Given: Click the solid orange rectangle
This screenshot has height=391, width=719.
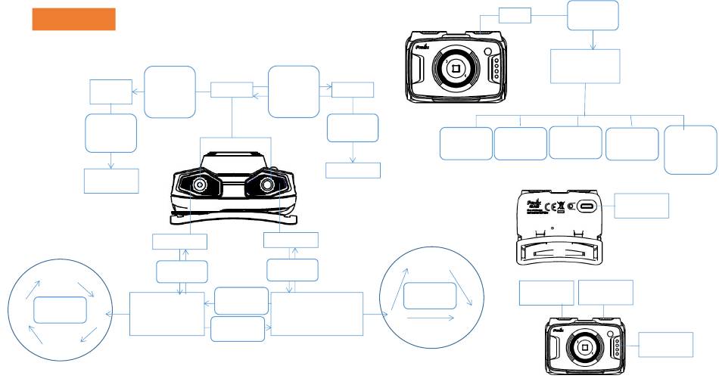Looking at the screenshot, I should (x=73, y=20).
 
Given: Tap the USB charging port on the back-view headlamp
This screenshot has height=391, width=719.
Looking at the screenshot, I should (x=588, y=206).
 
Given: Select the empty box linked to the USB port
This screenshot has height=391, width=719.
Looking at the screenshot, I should (x=641, y=206).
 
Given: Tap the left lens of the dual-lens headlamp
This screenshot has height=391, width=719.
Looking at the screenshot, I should (x=200, y=185).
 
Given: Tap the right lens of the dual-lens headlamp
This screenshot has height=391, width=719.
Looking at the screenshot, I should (x=267, y=185).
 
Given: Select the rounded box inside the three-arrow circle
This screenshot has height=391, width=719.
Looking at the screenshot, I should (x=429, y=296).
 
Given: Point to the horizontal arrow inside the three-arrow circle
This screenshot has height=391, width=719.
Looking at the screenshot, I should (x=431, y=318).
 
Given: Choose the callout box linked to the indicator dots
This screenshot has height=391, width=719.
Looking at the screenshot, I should (x=665, y=344).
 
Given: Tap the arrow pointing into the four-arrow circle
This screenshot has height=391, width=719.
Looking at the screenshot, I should (x=117, y=313).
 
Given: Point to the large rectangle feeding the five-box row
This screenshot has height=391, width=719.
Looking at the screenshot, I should (x=585, y=67).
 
